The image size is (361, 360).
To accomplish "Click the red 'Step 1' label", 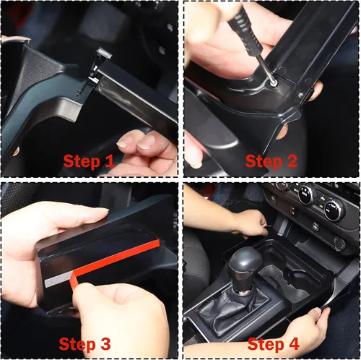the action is pos(89,161).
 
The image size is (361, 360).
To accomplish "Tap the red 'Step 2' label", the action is pos(271,161).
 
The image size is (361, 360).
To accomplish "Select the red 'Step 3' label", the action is pos(84,344).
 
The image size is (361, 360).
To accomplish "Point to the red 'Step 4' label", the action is pos(273,344).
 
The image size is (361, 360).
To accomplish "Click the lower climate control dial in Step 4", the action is pos(334,209).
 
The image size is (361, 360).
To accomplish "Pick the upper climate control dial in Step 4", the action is pos(307,194).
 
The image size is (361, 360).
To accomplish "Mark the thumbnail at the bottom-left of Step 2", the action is pos(196,164).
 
